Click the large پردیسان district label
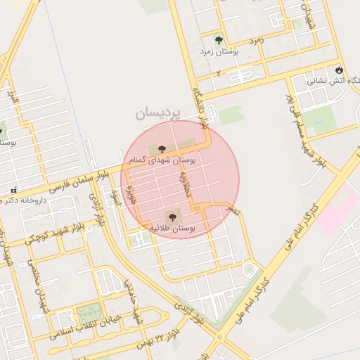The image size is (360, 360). (158, 112)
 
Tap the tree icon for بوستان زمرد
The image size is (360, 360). (219, 39)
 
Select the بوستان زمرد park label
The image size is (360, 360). (219, 52)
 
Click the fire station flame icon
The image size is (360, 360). (340, 70)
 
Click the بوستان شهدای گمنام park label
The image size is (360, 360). (163, 160)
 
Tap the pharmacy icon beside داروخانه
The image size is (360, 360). (13, 191)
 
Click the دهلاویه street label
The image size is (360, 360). (186, 181)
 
